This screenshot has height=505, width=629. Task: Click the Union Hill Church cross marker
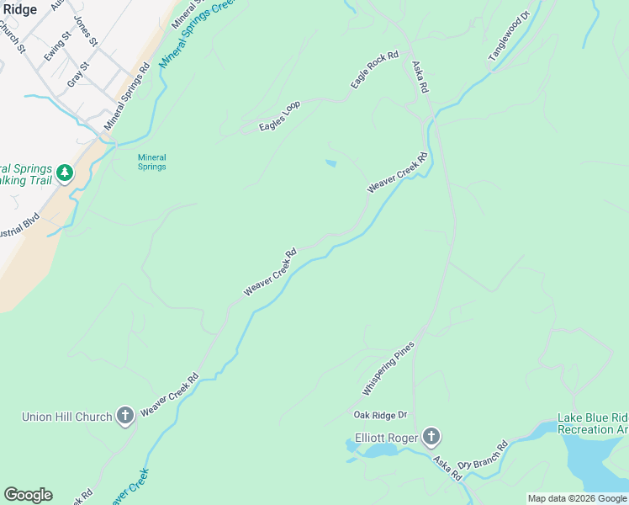point(125,416)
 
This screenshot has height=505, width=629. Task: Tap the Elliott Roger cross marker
point(431,436)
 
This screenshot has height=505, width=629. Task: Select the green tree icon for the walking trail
point(65,174)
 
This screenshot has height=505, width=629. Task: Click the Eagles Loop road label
point(280,115)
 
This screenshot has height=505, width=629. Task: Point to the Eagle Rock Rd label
point(374,70)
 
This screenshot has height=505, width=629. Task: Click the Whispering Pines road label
point(388,369)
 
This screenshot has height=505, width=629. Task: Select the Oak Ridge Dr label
point(380,415)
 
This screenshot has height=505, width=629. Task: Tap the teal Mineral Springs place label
point(152,162)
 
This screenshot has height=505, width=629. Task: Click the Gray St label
point(77,74)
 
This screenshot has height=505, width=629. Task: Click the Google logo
point(28,495)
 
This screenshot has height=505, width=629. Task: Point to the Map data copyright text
point(577,498)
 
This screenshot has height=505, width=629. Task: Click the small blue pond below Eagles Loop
point(330,163)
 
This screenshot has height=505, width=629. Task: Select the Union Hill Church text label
point(66,417)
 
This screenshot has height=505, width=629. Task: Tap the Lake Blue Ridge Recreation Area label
point(593,424)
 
